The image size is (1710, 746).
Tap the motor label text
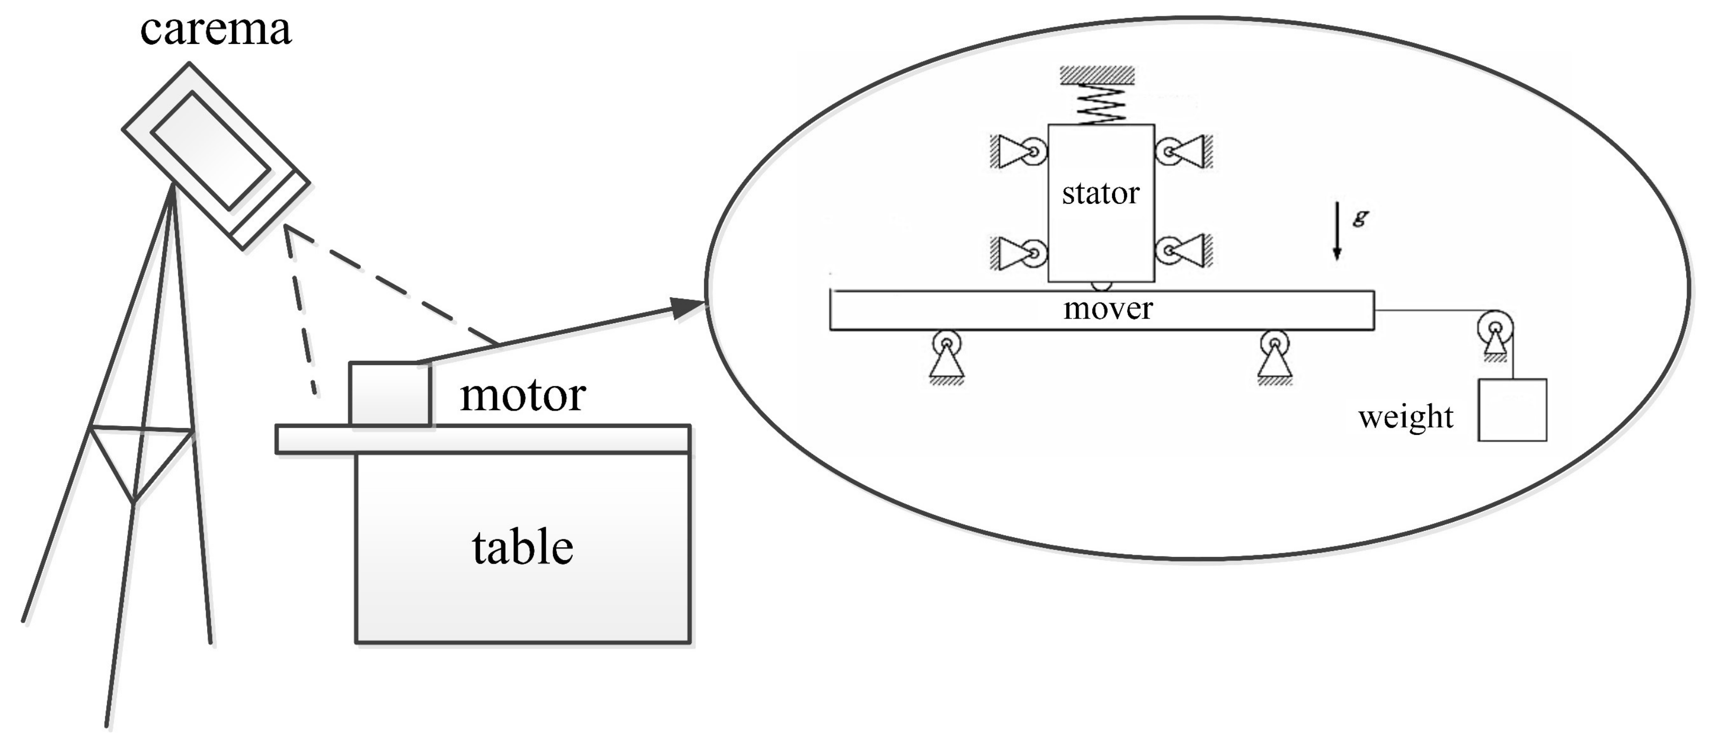pyautogui.click(x=522, y=396)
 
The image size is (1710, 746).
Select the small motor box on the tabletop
pyautogui.click(x=390, y=394)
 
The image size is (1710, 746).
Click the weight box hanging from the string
pyautogui.click(x=1512, y=410)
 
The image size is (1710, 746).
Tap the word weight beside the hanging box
pyautogui.click(x=1405, y=418)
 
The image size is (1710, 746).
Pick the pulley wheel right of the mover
pyautogui.click(x=1495, y=327)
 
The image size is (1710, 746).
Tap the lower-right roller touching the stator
pyautogui.click(x=1169, y=251)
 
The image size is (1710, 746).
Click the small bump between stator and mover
pyautogui.click(x=1101, y=286)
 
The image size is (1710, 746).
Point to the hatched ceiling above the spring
pyautogui.click(x=1097, y=74)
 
